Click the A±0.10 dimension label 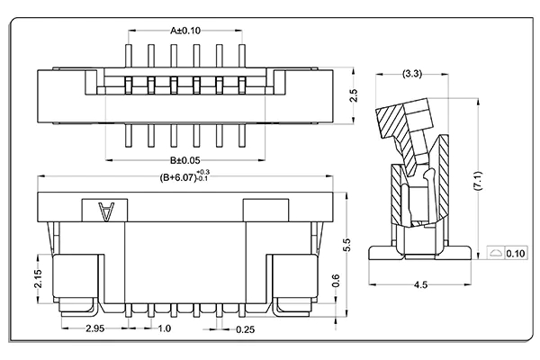point(186,29)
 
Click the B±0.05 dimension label point(185,160)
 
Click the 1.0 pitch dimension point(164,329)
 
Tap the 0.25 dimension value point(244,329)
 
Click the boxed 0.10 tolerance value point(516,254)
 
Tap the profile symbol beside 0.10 point(495,254)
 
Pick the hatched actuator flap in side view point(400,120)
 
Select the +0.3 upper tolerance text point(202,171)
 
